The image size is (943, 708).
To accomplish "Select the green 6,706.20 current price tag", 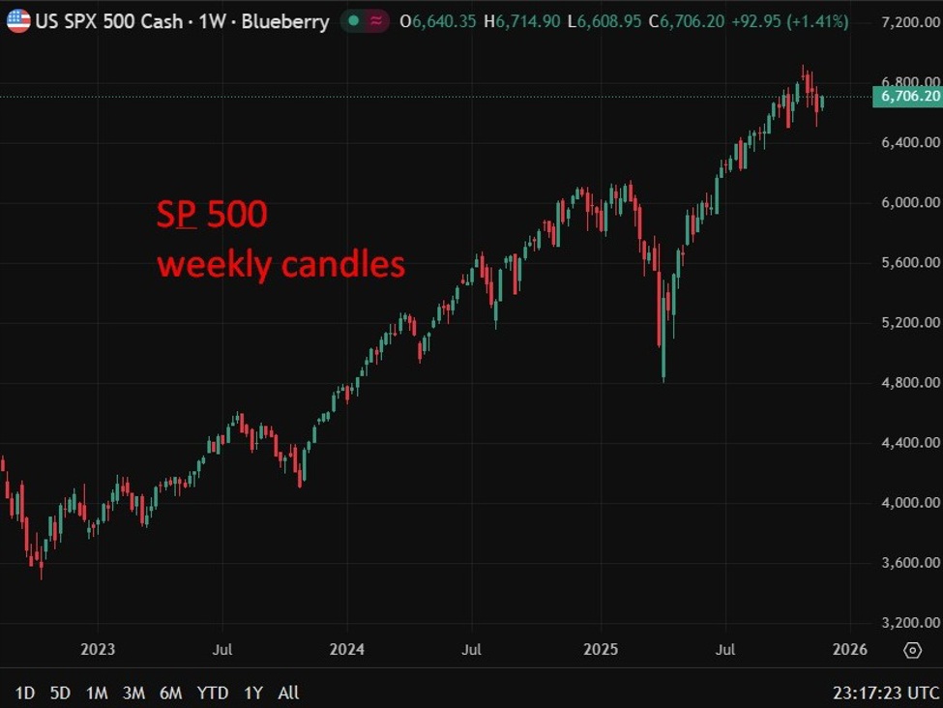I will pyautogui.click(x=906, y=96).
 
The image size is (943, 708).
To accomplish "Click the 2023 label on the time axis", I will pyautogui.click(x=98, y=649).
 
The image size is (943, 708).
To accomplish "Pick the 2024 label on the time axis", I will pyautogui.click(x=347, y=649).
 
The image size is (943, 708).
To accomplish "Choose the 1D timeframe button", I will pyautogui.click(x=25, y=693).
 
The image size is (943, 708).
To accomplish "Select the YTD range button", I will pyautogui.click(x=212, y=693).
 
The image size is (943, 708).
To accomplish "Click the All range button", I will pyautogui.click(x=288, y=693).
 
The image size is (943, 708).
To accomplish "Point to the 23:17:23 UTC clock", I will pyautogui.click(x=886, y=693).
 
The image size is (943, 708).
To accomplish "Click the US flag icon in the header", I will pyautogui.click(x=17, y=20).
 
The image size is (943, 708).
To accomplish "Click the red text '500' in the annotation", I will pyautogui.click(x=236, y=215).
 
